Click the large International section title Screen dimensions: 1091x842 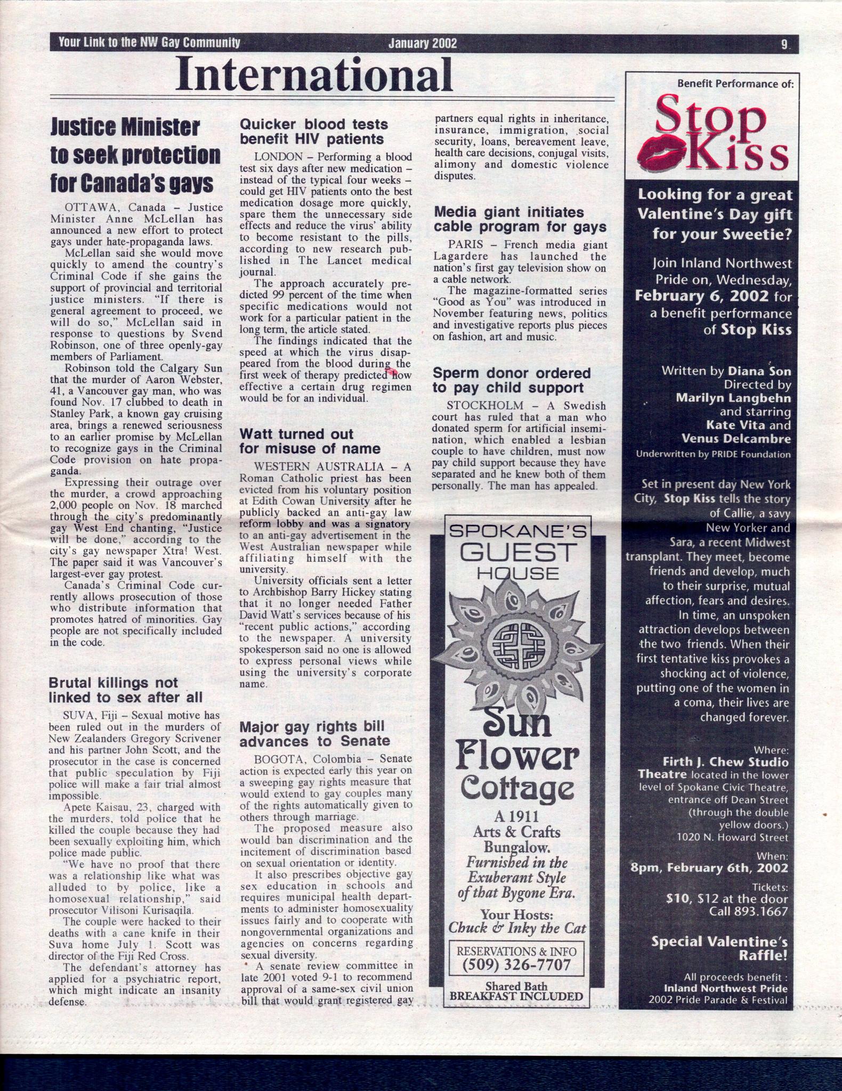pyautogui.click(x=314, y=74)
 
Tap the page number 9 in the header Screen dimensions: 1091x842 pyautogui.click(x=784, y=44)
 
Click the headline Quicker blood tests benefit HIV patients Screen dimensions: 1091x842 pyautogui.click(x=313, y=132)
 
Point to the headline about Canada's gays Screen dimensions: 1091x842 pyautogui.click(x=135, y=155)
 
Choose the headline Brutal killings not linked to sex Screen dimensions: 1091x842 pyautogui.click(x=125, y=690)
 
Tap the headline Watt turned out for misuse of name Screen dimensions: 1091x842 pyautogui.click(x=310, y=441)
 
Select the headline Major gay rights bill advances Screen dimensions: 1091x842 pyautogui.click(x=314, y=734)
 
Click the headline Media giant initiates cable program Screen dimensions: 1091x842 pyautogui.click(x=520, y=219)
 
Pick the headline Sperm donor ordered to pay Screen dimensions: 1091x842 pyautogui.click(x=511, y=380)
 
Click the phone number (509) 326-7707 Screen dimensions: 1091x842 pyautogui.click(x=516, y=964)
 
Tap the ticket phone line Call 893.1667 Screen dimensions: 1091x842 pyautogui.click(x=748, y=911)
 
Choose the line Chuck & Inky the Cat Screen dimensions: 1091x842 pyautogui.click(x=516, y=928)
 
